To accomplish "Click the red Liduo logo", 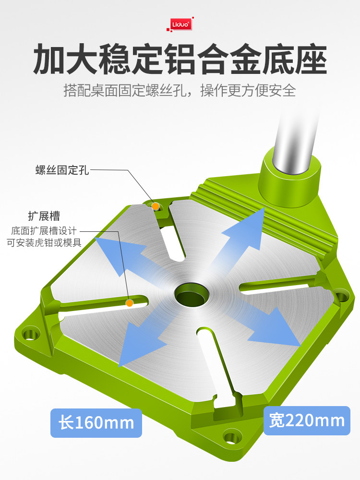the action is (x=180, y=24).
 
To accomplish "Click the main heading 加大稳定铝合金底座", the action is (x=180, y=59).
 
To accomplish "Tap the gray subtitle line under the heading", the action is (x=180, y=90).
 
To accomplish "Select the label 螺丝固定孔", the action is (x=62, y=170).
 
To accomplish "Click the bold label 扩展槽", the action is (x=44, y=216).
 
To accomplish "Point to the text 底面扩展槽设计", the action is (x=44, y=231).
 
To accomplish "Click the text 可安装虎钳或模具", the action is (x=44, y=243).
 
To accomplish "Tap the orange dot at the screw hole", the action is (x=156, y=206).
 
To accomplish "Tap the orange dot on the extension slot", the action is (x=130, y=303).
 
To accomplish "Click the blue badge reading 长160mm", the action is (x=96, y=423).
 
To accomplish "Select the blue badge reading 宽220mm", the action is (x=307, y=420).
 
